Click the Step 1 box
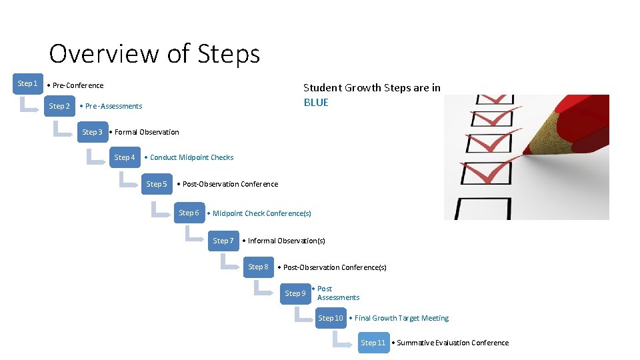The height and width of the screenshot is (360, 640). pos(27,83)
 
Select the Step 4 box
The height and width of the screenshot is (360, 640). pos(125,158)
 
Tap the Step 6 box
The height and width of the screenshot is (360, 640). pos(189,213)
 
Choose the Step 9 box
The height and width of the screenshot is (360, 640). pos(295,293)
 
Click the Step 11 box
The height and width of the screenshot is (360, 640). pos(373,343)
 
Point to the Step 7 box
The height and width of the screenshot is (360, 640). pos(223,241)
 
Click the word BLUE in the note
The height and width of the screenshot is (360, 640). pos(316,103)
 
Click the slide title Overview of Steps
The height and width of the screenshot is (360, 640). pos(154,53)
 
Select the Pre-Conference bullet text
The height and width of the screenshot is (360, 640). pos(77,85)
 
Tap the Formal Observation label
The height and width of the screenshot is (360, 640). pos(146,132)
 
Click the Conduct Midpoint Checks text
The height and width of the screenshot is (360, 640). pos(191,158)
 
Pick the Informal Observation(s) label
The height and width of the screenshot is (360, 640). pos(286,241)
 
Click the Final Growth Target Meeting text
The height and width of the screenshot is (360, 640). pos(401,319)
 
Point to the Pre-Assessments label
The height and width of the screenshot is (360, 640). pos(113,106)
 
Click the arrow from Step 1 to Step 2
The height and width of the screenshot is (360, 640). pos(30,105)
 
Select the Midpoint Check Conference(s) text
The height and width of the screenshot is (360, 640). pos(261,213)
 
